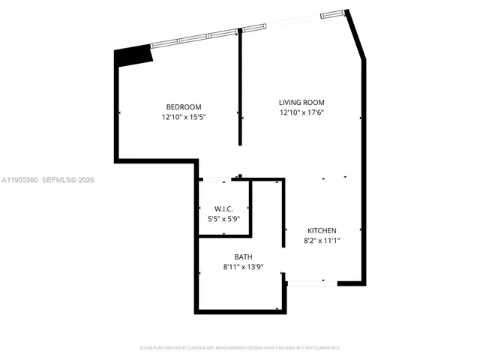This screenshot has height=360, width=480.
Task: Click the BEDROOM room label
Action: point(183,107)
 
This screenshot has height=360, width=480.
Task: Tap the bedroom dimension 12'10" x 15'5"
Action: point(183,117)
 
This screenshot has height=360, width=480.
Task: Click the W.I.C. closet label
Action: point(223,208)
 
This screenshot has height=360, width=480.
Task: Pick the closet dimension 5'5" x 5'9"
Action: point(223,218)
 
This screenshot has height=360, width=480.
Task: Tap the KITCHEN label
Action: point(322,230)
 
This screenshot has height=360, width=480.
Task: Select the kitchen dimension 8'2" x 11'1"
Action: point(322,241)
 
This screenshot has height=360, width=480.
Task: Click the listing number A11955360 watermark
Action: point(19,180)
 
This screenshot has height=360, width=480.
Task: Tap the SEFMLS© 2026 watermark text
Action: point(68,180)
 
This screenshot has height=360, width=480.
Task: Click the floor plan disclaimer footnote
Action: point(240,348)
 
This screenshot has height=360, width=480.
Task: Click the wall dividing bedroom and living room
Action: point(240,90)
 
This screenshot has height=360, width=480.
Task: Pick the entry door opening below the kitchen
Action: point(311,283)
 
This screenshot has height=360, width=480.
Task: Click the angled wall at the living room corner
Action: point(355,34)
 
